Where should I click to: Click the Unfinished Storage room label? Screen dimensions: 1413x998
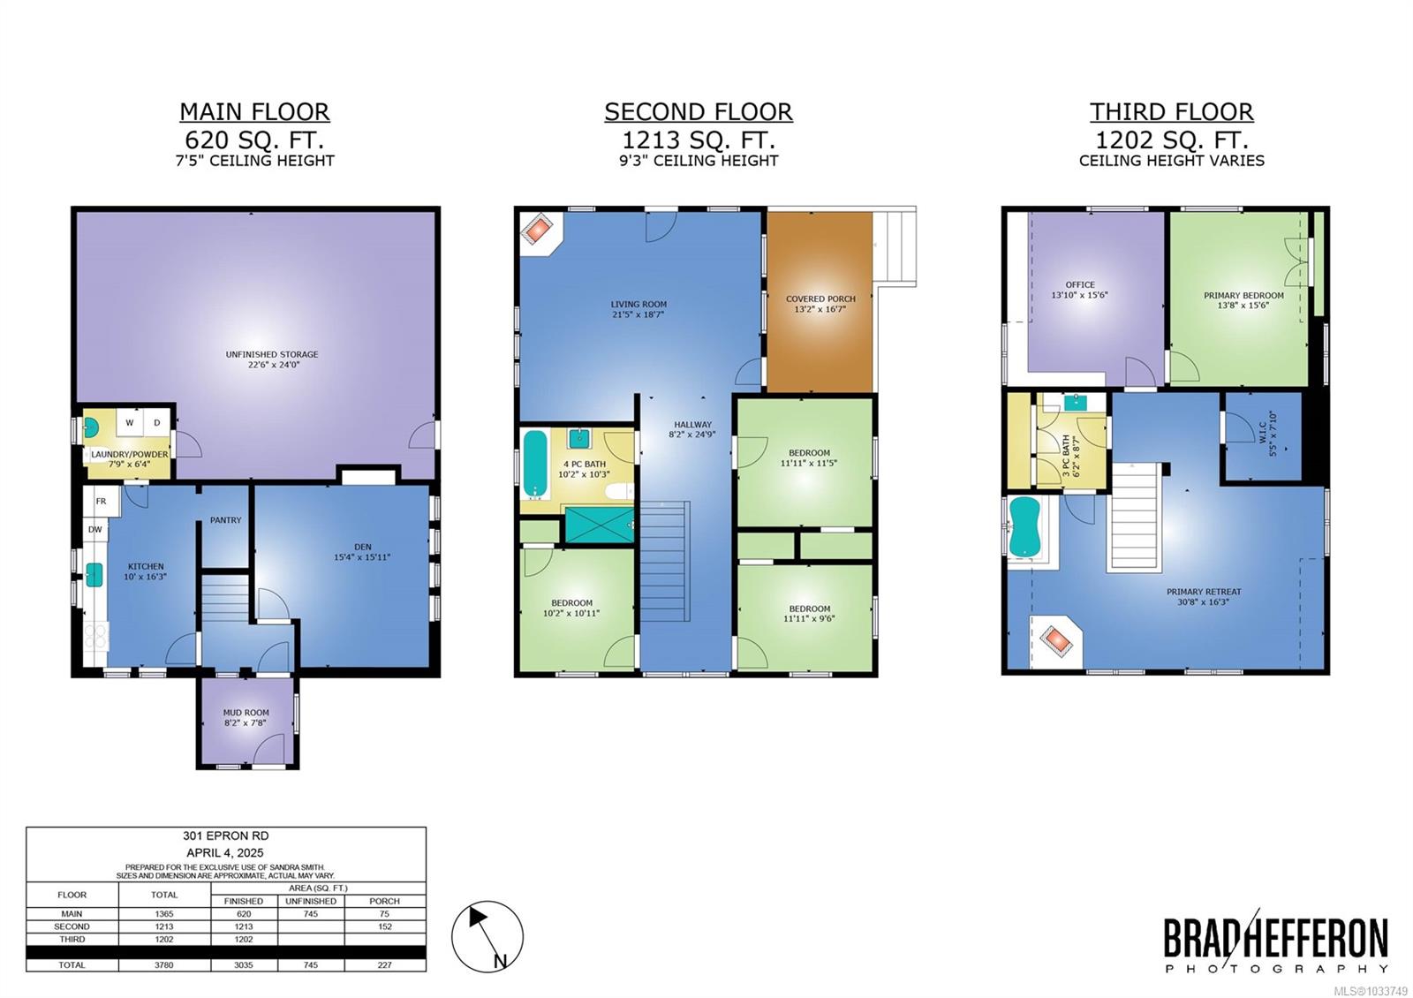(272, 359)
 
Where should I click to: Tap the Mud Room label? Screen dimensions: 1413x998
(246, 717)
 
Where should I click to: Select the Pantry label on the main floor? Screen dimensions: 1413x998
(225, 520)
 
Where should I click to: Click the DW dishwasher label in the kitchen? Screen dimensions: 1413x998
(95, 529)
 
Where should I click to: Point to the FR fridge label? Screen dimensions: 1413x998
(101, 502)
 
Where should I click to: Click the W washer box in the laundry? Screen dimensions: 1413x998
(130, 423)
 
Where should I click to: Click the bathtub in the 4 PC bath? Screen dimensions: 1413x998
(535, 463)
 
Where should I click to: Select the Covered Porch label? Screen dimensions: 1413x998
(820, 304)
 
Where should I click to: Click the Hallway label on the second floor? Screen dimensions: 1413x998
(692, 429)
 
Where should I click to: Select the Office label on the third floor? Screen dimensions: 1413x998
(1080, 290)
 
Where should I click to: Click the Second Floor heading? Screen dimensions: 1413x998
(699, 111)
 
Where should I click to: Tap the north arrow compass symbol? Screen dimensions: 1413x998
(487, 936)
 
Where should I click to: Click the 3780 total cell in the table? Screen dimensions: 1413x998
(164, 964)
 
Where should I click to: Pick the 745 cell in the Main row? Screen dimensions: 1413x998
(310, 913)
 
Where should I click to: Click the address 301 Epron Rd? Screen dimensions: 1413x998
(226, 835)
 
